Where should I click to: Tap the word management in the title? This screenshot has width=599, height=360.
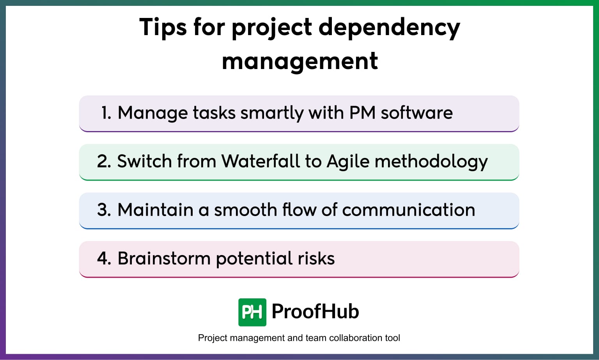click(x=299, y=61)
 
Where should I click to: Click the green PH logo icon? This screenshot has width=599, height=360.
click(x=252, y=312)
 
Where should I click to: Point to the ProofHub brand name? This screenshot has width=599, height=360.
click(x=315, y=311)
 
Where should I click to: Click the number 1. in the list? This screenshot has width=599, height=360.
click(x=106, y=113)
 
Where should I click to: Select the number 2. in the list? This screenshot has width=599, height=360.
click(x=104, y=161)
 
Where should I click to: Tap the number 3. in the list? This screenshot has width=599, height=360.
click(x=104, y=210)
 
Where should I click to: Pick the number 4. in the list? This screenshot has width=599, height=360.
click(x=104, y=258)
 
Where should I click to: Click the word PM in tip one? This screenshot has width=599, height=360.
click(x=362, y=113)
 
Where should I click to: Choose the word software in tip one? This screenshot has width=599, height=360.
click(x=416, y=113)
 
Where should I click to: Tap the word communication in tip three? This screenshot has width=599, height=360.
click(x=408, y=210)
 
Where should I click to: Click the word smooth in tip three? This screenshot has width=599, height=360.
click(x=245, y=210)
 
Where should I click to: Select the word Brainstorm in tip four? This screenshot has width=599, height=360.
click(x=164, y=258)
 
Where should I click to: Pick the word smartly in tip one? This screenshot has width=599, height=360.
click(x=272, y=113)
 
